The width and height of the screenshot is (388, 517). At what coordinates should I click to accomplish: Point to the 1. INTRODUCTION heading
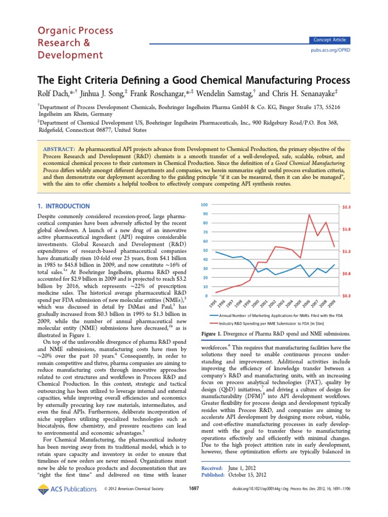65,206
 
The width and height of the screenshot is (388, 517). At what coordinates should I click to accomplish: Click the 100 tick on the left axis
204,204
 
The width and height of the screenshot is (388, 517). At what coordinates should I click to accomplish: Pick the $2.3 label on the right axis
346,207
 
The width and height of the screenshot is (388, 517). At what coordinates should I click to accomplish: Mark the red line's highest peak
309,215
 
